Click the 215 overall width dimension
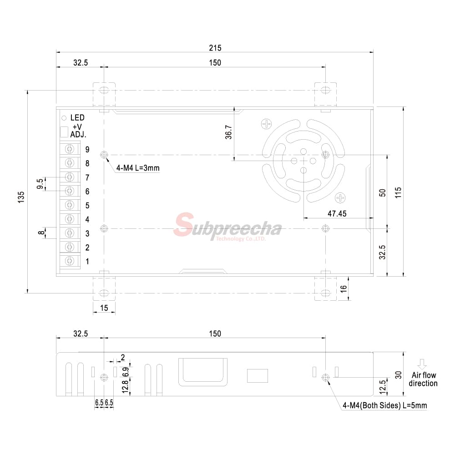click(215, 47)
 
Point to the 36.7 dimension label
click(228, 132)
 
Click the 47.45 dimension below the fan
click(337, 213)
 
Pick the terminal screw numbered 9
click(70, 149)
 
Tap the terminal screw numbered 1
click(70, 261)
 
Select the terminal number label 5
click(87, 206)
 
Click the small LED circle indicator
click(64, 117)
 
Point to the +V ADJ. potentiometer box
click(64, 131)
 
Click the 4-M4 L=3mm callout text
click(138, 168)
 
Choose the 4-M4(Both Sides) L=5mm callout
click(384, 405)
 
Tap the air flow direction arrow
click(422, 364)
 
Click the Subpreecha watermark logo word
click(227, 227)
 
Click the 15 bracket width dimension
click(104, 308)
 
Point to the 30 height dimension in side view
click(398, 375)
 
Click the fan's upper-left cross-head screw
click(266, 124)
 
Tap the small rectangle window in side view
click(258, 375)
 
